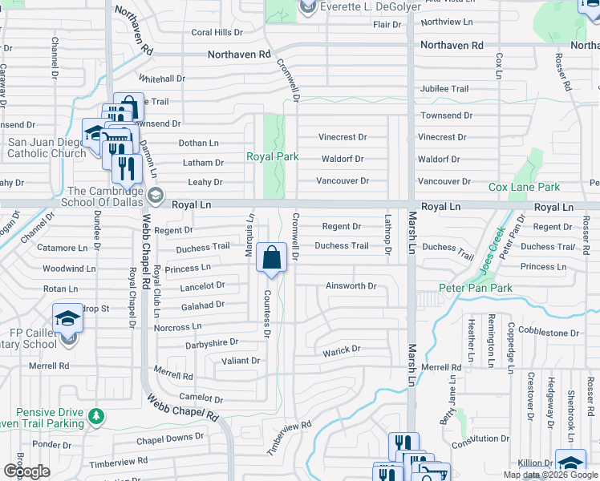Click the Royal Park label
click(x=272, y=157)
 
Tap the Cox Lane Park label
click(x=525, y=187)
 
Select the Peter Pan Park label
click(x=474, y=287)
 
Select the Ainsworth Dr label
click(x=351, y=286)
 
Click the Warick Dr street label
click(x=342, y=351)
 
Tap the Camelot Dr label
click(x=201, y=398)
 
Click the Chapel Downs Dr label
click(x=170, y=438)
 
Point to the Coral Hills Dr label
click(x=217, y=33)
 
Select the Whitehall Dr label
click(x=162, y=79)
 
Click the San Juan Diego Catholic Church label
click(x=47, y=148)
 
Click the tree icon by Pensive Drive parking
click(x=96, y=416)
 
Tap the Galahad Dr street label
click(x=202, y=305)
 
